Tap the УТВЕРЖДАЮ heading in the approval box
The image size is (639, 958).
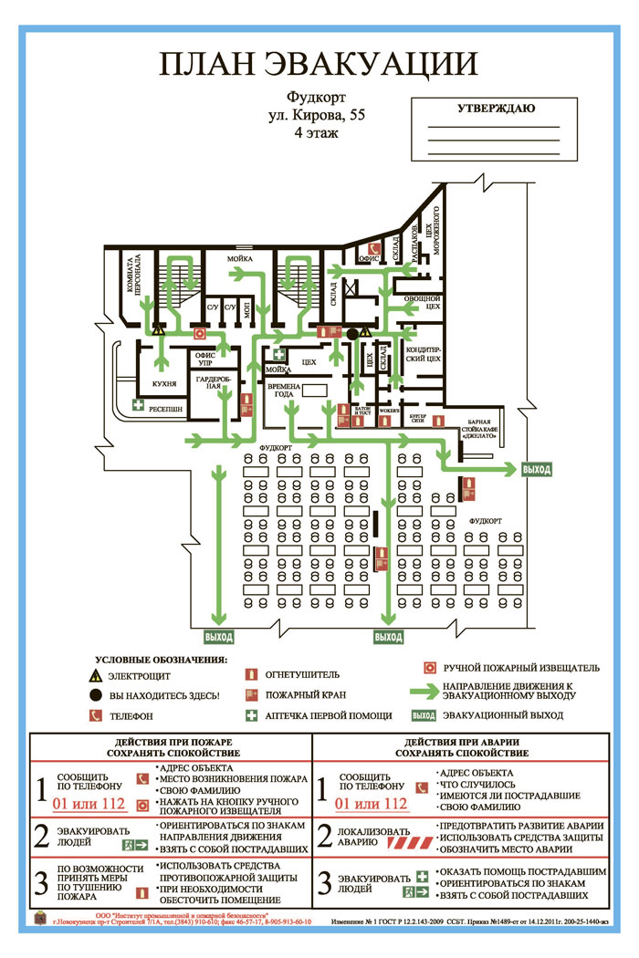point(496,109)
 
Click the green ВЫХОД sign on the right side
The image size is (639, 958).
point(537,469)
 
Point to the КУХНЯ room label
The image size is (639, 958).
point(164,384)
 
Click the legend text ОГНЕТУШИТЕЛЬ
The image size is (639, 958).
point(303,676)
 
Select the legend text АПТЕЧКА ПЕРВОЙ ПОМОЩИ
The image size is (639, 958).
point(328,716)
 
